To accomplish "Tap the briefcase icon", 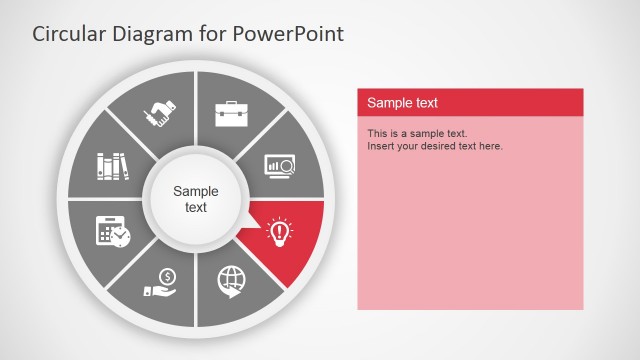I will [232, 112].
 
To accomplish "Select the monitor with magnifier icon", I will [279, 165].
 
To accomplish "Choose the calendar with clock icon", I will [112, 231].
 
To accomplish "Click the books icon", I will [113, 165].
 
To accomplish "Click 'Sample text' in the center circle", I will [195, 199].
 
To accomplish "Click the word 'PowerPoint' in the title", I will [290, 34].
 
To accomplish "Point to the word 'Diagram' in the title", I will [155, 34].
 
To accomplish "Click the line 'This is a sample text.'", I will [417, 133].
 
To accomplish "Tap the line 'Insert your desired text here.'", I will [435, 146].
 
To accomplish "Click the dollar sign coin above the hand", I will [167, 275].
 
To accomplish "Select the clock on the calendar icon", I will [121, 237].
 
